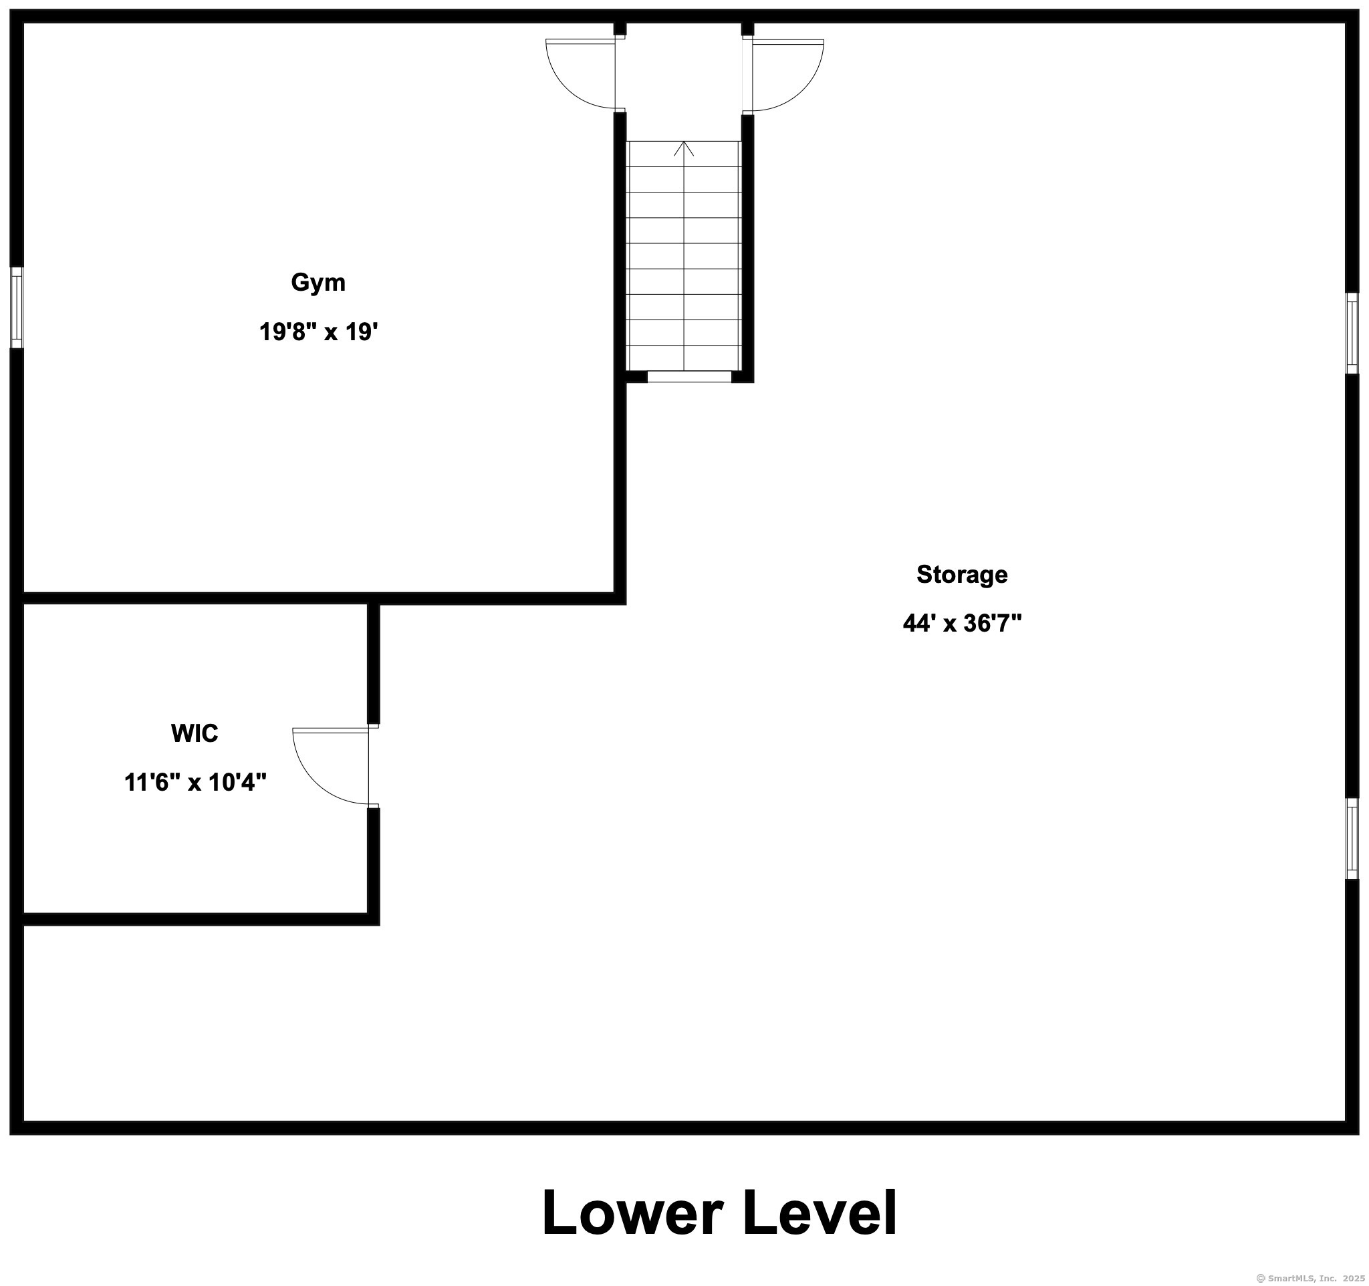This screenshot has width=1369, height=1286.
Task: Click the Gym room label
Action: tap(318, 283)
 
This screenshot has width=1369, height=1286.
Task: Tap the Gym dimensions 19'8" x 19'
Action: tap(318, 332)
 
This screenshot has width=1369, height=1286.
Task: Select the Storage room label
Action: tap(961, 575)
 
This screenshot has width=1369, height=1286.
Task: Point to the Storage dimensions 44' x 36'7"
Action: tap(961, 623)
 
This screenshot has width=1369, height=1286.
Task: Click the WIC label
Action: tap(195, 733)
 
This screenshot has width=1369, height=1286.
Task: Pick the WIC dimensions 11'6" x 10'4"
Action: tap(195, 782)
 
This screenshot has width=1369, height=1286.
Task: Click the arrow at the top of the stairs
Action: tap(683, 148)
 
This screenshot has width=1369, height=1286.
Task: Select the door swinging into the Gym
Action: tap(580, 74)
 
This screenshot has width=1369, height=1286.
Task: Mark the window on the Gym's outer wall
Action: tap(17, 307)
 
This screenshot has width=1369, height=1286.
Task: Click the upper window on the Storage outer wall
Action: tap(1352, 334)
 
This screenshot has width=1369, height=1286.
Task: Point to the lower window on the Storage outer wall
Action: tap(1352, 839)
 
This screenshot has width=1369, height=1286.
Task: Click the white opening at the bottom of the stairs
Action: tap(689, 376)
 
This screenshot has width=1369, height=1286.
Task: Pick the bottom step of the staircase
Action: tap(683, 358)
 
